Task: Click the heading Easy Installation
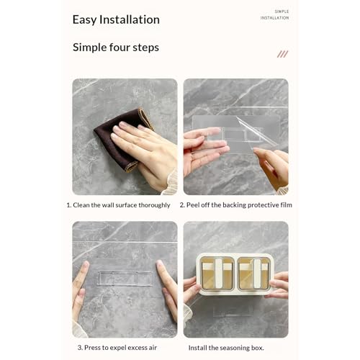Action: point(116,19)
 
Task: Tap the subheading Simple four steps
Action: point(116,48)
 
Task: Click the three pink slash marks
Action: point(282,54)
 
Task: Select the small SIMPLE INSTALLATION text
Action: point(275,14)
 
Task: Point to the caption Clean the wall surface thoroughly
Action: point(118,205)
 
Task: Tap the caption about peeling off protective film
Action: point(236,205)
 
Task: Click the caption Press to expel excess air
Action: point(117,348)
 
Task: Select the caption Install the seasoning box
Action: point(226,348)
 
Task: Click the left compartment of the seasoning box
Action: point(217,274)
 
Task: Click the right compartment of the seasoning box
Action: point(254,274)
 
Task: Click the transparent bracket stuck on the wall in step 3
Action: point(125,279)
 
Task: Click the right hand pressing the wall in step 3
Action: point(168,288)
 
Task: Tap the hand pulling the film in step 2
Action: point(272,168)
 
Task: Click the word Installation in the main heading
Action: point(130,19)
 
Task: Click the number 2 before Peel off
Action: point(181,205)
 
